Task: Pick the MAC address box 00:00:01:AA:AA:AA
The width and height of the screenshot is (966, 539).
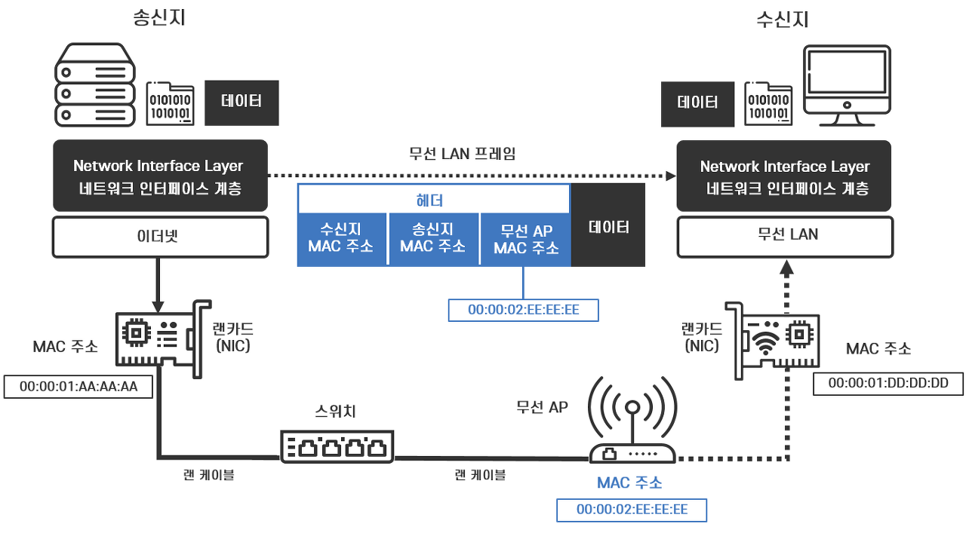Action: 78,386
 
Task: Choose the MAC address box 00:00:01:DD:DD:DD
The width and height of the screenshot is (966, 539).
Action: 888,383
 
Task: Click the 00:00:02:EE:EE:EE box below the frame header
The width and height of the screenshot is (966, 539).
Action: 523,310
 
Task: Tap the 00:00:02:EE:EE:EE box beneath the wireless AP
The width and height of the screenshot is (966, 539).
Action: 632,510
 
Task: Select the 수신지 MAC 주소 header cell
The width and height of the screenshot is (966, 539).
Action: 343,239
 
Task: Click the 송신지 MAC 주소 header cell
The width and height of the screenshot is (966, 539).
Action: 433,239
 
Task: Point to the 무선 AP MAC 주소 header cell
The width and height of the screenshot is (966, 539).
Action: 525,239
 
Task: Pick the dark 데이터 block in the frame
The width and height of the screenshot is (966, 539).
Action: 608,225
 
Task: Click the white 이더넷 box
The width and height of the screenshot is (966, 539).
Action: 160,237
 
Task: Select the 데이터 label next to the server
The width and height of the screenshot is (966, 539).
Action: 241,102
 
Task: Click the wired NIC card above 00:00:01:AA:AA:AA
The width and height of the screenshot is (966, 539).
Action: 161,340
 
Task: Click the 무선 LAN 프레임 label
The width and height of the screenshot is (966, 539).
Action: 462,155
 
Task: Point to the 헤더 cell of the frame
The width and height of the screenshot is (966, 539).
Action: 433,201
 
